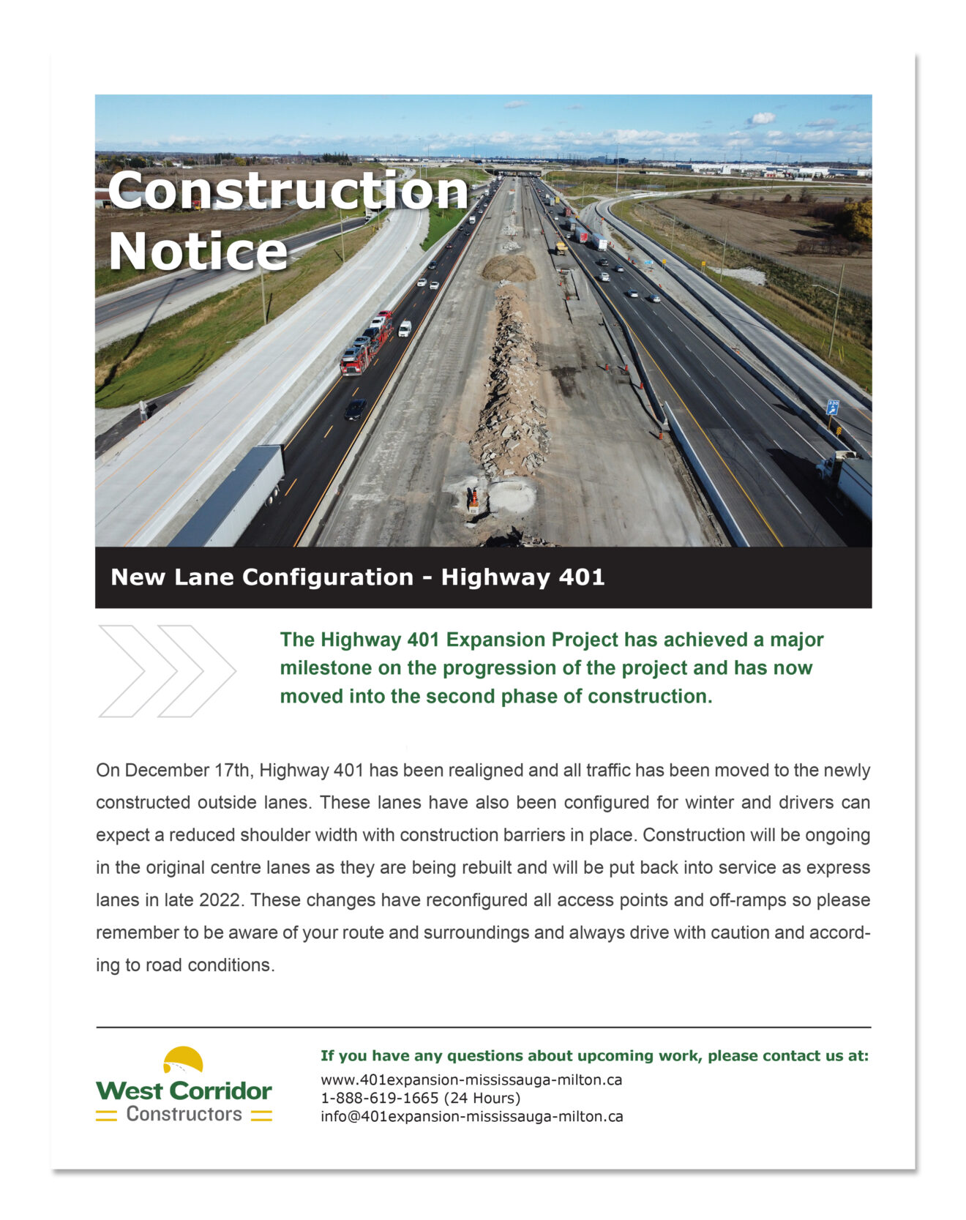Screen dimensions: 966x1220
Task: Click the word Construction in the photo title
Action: pos(288,191)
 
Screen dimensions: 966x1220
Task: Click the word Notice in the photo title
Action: pos(198,251)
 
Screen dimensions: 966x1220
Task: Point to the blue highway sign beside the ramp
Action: pos(833,408)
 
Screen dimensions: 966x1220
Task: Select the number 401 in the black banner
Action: pos(582,577)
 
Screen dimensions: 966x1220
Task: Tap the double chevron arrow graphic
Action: pos(167,670)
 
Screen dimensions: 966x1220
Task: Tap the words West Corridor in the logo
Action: pos(184,1091)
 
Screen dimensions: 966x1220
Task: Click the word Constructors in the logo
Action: pos(184,1115)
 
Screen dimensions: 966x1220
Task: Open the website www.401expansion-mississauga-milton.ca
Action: pos(471,1079)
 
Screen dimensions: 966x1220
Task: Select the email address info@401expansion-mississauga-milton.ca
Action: pos(472,1117)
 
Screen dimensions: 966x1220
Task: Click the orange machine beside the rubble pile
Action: pos(473,500)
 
